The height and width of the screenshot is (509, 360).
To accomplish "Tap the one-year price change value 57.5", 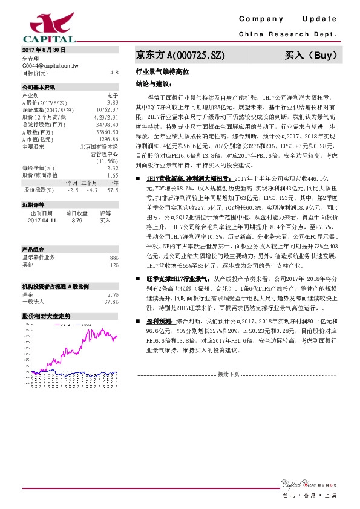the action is click(x=112, y=189).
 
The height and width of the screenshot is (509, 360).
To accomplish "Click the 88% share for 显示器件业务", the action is click(x=114, y=257).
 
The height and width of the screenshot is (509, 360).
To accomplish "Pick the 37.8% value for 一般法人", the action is click(x=111, y=301).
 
